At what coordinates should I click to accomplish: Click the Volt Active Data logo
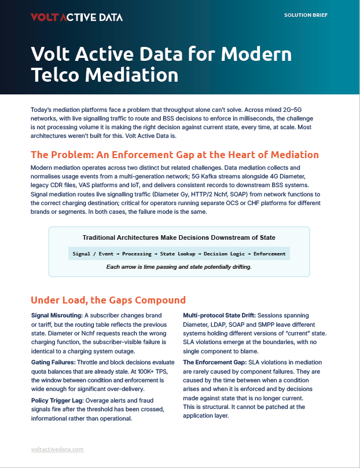coord(76,17)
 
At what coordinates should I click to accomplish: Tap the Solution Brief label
coord(306,14)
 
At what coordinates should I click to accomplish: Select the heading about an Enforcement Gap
coord(174,155)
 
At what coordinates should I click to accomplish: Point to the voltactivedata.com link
coord(57,449)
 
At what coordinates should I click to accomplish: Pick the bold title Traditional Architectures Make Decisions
coord(179,237)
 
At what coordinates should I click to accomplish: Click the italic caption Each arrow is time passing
coord(179,267)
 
